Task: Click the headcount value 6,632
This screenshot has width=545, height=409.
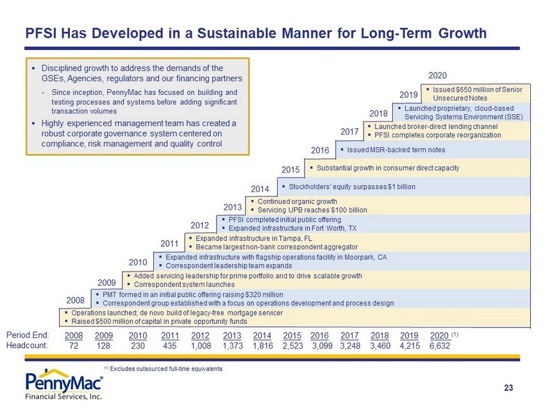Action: pos(440,346)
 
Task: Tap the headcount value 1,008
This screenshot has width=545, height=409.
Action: pos(201,346)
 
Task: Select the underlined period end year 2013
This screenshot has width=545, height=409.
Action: pos(232,336)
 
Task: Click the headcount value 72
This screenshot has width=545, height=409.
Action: pos(74,346)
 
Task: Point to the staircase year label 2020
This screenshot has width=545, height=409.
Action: pos(437,76)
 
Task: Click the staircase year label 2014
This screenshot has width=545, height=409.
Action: pos(260,189)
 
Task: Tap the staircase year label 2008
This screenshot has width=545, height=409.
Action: pos(76,300)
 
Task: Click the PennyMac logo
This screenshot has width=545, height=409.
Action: pos(64,385)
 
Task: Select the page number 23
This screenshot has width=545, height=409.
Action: pos(508,388)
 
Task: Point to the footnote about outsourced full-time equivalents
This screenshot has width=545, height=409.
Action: pos(163,369)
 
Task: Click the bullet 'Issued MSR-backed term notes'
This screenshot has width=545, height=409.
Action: pos(396,150)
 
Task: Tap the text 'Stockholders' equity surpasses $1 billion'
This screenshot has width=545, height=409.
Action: pos(352,187)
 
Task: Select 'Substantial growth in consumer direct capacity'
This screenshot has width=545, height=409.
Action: pos(388,168)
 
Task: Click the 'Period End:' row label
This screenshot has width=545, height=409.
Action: pos(28,335)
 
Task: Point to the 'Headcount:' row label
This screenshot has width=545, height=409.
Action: pos(27,346)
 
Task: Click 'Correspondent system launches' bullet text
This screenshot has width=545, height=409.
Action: pos(184,285)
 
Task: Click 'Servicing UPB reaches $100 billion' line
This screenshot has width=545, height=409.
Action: pos(312,210)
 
